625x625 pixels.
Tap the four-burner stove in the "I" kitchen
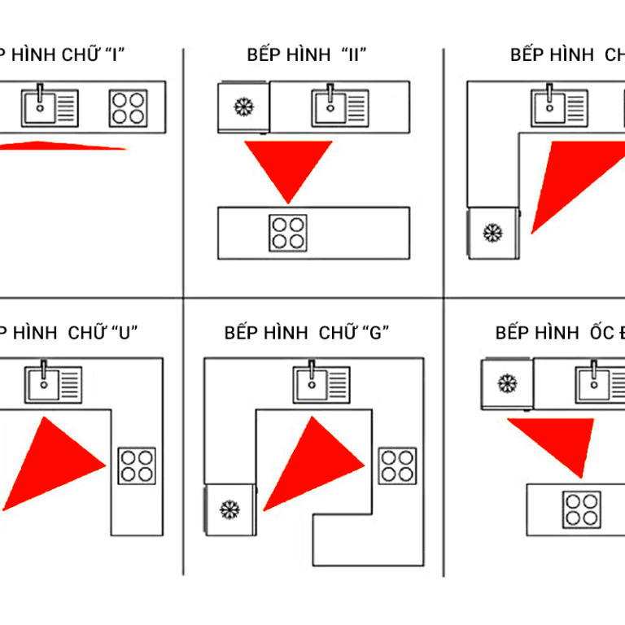click(129, 108)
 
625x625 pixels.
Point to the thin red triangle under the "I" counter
click(49, 146)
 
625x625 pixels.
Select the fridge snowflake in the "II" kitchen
click(243, 107)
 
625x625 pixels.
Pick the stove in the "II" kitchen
click(288, 232)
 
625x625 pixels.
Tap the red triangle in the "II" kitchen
click(288, 164)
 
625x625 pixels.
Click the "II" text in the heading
click(352, 55)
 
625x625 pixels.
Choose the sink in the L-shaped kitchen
click(559, 106)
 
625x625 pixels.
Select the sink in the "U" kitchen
click(53, 384)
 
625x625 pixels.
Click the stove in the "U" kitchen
click(137, 465)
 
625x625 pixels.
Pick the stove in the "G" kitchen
click(397, 465)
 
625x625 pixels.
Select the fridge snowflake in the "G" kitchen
click(230, 510)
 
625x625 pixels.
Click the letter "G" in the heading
click(377, 332)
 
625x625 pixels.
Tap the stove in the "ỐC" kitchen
click(582, 509)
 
